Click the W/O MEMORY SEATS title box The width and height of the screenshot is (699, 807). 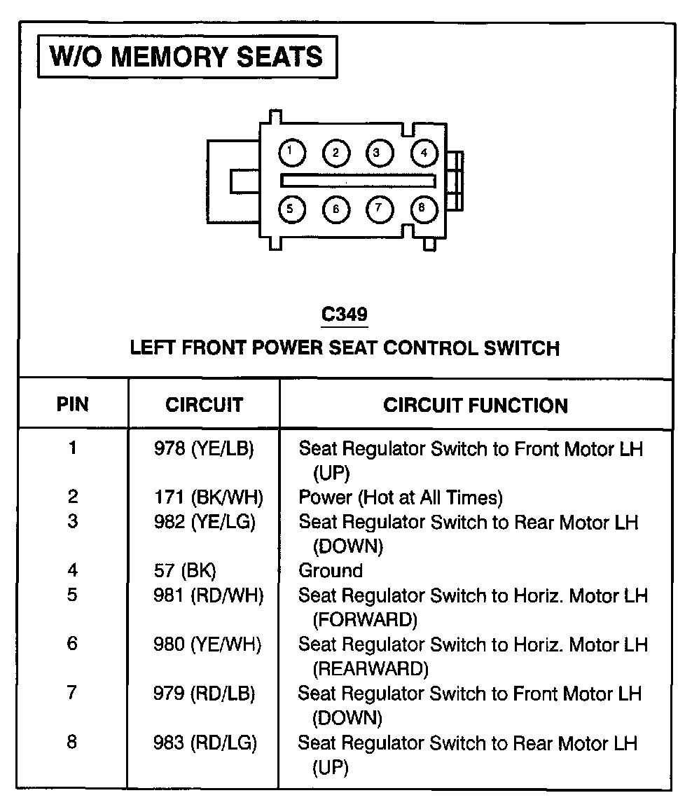[x=187, y=57]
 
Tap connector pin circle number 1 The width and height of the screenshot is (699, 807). [x=291, y=151]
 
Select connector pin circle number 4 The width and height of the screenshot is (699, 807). [x=424, y=153]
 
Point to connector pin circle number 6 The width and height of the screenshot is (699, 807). [x=336, y=209]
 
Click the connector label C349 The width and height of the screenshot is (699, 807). [x=344, y=315]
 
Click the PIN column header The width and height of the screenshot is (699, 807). [x=73, y=404]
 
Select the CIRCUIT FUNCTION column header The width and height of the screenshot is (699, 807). [x=476, y=405]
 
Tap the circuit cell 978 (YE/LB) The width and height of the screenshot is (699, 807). [x=204, y=448]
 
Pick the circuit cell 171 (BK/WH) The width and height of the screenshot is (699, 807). [x=208, y=497]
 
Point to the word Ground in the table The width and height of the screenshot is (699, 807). [x=331, y=570]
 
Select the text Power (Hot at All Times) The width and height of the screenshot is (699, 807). [x=401, y=497]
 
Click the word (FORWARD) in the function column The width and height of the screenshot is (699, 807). [x=365, y=619]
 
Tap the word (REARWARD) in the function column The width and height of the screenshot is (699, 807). [x=370, y=668]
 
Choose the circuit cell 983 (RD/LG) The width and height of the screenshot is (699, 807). [x=205, y=743]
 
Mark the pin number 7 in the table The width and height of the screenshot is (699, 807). [x=72, y=693]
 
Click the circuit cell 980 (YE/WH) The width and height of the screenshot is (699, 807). [x=207, y=644]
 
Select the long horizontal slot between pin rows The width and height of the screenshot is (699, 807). [x=358, y=180]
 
